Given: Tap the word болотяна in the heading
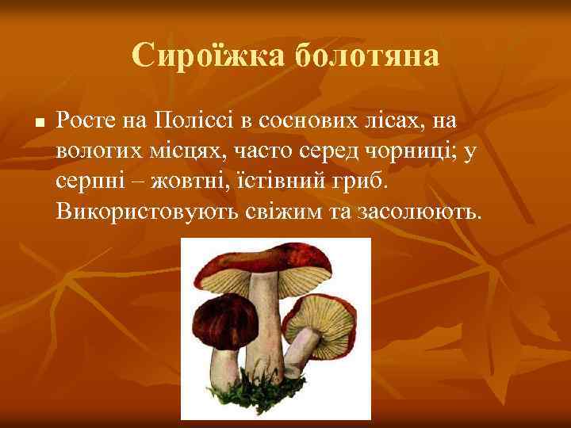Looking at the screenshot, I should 366,55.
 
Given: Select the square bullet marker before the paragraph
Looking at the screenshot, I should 38,124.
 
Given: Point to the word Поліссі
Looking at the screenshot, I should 182,121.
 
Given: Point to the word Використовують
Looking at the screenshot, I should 147,212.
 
